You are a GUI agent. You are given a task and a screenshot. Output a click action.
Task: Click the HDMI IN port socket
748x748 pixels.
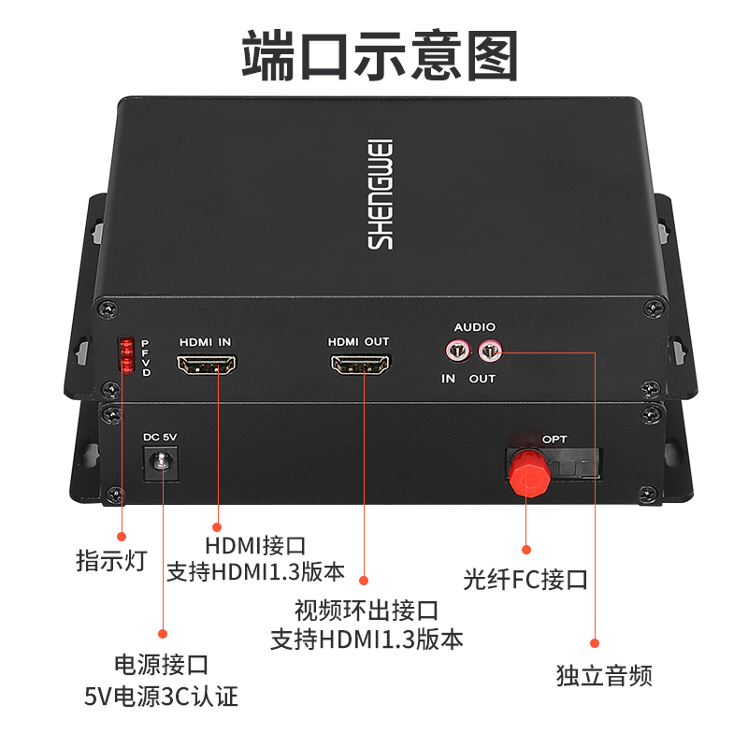(x=206, y=365)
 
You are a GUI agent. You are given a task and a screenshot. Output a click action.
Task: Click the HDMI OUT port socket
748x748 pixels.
(x=360, y=365)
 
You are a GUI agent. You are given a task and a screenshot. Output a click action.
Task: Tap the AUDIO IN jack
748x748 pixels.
(x=457, y=352)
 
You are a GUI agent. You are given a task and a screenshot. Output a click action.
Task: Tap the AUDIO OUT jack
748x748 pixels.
(x=490, y=352)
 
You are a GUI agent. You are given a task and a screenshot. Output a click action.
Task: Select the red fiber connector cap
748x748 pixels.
(x=528, y=473)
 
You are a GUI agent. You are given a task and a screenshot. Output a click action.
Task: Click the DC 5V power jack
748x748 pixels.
(x=161, y=463)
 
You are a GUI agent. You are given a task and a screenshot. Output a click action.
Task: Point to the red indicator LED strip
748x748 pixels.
(x=127, y=355)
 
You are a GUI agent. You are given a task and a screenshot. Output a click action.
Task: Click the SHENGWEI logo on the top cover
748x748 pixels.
(x=380, y=194)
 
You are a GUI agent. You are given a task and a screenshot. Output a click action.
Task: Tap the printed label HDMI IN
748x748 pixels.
(x=205, y=342)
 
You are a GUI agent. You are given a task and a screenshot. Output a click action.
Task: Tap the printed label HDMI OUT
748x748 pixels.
(x=359, y=341)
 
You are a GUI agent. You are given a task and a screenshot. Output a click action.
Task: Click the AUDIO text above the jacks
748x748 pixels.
(x=475, y=326)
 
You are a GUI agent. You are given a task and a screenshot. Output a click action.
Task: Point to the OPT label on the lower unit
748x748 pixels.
(x=554, y=439)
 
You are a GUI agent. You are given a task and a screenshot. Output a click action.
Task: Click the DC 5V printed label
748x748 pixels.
(x=160, y=437)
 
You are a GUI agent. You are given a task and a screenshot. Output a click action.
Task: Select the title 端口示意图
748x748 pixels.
(x=380, y=55)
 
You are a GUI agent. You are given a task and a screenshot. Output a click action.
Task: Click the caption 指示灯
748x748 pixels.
(x=111, y=560)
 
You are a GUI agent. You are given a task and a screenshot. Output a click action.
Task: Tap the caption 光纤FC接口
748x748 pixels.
(x=525, y=580)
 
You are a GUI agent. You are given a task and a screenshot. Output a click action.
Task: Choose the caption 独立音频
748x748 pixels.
(x=604, y=675)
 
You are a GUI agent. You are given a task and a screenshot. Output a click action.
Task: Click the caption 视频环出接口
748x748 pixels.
(x=367, y=611)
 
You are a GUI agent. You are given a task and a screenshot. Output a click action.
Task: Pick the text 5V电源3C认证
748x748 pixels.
(x=161, y=697)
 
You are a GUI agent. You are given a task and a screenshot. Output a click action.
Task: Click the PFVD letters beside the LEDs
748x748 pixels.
(x=146, y=357)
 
